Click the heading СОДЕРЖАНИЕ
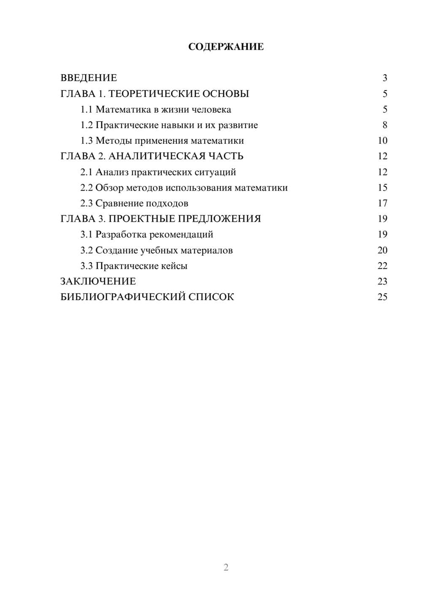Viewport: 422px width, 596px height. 226,47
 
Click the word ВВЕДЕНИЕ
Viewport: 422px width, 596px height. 89,78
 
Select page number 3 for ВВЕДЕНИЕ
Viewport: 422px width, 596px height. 384,78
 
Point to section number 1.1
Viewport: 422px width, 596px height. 87,110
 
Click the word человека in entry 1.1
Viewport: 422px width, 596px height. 211,110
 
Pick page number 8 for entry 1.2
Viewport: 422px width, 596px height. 384,125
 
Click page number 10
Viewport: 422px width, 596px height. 382,141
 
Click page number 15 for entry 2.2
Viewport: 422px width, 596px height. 382,188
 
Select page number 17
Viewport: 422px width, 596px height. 382,203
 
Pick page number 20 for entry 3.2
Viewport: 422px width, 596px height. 382,250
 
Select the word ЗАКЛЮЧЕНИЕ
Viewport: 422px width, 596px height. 98,282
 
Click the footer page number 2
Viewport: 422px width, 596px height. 226,567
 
